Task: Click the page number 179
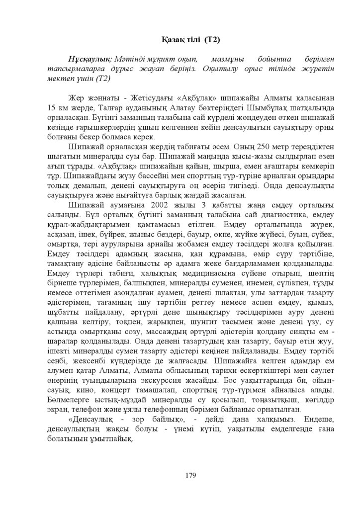click(x=190, y=475)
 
